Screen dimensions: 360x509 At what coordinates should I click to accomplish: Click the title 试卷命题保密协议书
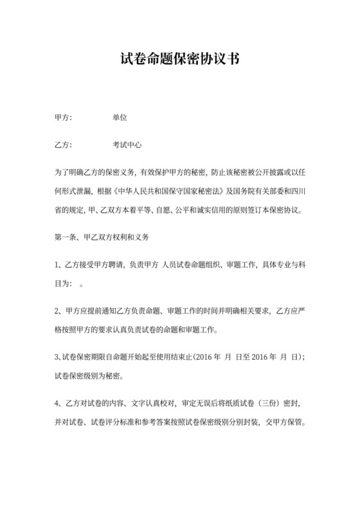tap(180, 60)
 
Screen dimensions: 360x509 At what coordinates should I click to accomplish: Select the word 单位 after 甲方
tap(120, 119)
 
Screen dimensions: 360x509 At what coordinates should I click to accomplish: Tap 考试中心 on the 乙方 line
tap(127, 145)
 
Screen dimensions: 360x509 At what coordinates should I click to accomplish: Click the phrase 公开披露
tap(260, 172)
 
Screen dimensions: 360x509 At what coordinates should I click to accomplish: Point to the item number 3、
tap(58, 357)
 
